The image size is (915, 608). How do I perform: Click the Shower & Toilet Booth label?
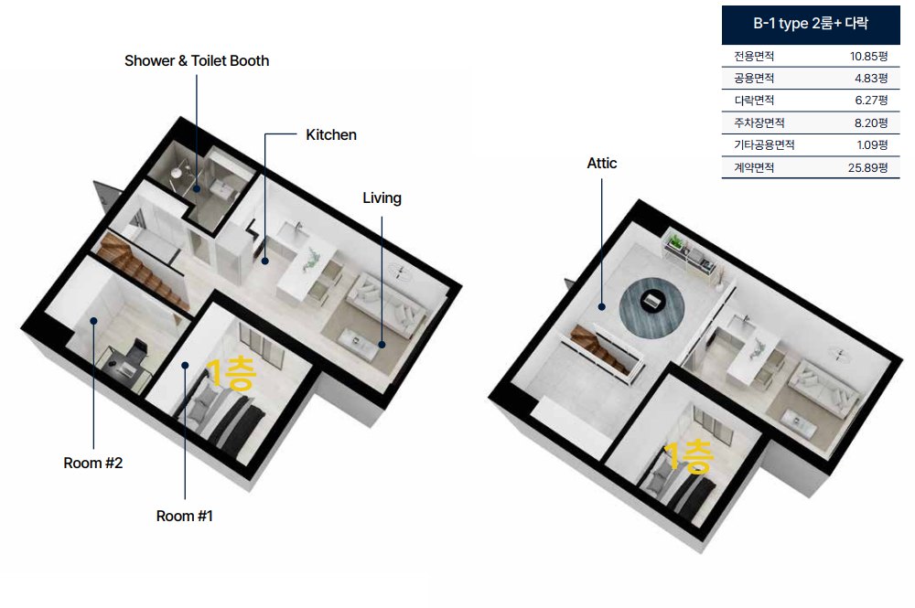pyautogui.click(x=197, y=60)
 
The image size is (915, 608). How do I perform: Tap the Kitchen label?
pyautogui.click(x=331, y=134)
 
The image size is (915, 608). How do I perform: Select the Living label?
pyautogui.click(x=382, y=198)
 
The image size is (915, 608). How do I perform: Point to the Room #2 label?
pyautogui.click(x=92, y=463)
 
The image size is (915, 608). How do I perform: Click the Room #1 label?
pyautogui.click(x=185, y=516)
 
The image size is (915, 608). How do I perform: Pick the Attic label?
pyautogui.click(x=602, y=164)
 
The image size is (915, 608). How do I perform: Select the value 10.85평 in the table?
pyautogui.click(x=868, y=56)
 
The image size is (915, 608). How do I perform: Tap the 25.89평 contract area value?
pyautogui.click(x=867, y=168)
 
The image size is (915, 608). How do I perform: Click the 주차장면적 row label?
pyautogui.click(x=759, y=123)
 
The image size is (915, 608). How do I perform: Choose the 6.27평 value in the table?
pyautogui.click(x=871, y=101)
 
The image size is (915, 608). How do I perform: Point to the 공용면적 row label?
pyautogui.click(x=754, y=78)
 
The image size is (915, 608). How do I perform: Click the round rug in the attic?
pyautogui.click(x=651, y=308)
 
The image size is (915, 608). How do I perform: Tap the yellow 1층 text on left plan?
pyautogui.click(x=231, y=374)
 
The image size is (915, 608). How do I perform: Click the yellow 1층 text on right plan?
pyautogui.click(x=689, y=456)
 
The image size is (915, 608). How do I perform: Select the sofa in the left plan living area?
pyautogui.click(x=386, y=304)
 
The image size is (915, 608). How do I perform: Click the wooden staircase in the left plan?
pyautogui.click(x=142, y=271)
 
